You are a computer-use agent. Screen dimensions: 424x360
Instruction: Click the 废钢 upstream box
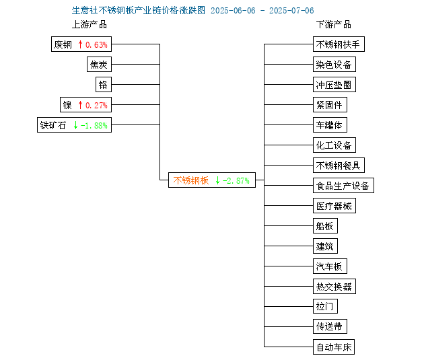point(81,44)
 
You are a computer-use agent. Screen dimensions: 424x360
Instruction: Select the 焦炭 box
point(99,65)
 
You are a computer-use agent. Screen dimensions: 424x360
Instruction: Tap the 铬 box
point(104,85)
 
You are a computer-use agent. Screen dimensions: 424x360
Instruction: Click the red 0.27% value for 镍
point(96,105)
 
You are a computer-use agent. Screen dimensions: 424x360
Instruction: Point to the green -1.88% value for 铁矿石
point(94,125)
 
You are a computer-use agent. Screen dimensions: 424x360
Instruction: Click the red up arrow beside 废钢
point(80,44)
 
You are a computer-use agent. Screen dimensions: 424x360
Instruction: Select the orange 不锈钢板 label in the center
point(191,180)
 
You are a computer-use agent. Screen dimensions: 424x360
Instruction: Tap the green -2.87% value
point(236,180)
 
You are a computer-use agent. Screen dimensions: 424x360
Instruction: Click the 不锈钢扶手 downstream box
point(339,44)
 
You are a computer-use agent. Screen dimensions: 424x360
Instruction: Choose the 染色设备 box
point(334,65)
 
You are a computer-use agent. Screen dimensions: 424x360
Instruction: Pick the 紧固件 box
point(330,104)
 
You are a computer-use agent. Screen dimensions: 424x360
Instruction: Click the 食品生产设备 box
point(343,186)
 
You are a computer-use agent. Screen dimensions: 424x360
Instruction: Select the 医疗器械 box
point(334,206)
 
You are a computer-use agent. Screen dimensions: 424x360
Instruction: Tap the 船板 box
point(325,225)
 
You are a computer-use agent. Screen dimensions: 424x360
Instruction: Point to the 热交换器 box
point(334,286)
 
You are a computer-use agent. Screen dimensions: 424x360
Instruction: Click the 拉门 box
point(325,306)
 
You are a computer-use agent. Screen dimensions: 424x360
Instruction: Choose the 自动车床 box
point(334,347)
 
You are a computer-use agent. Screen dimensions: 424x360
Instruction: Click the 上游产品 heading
point(90,25)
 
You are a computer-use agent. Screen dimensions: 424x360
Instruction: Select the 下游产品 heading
point(334,25)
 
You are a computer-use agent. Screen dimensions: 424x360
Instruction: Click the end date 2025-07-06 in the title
point(291,11)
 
